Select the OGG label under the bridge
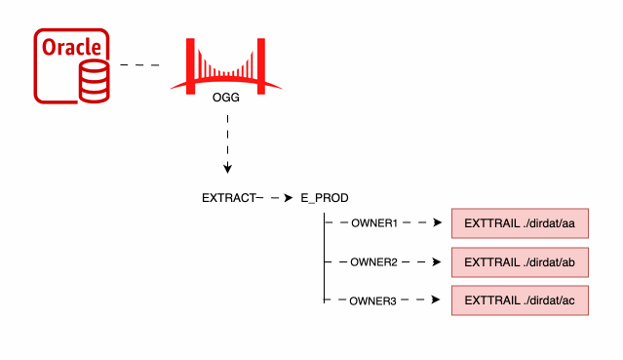click(226, 98)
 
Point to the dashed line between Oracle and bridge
click(139, 65)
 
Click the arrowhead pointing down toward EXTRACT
click(227, 168)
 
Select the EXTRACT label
click(227, 198)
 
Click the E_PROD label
click(324, 198)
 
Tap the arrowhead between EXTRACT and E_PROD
click(288, 198)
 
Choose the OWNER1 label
click(373, 223)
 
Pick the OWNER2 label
click(373, 262)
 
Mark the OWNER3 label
click(373, 301)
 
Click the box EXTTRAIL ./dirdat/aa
click(519, 223)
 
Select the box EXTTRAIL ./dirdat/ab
click(519, 261)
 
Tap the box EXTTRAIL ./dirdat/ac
click(519, 300)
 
